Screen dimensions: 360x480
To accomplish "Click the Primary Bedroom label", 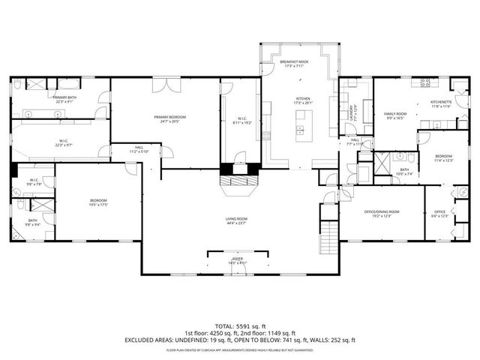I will click(x=169, y=117).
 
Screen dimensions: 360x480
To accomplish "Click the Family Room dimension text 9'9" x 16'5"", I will click(x=395, y=118).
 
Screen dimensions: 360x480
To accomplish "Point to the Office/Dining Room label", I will click(x=382, y=212).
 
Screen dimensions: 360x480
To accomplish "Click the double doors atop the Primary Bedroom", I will click(x=163, y=85).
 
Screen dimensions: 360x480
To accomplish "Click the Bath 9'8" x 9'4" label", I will click(x=33, y=220).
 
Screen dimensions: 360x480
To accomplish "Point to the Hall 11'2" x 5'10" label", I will click(x=139, y=148).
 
